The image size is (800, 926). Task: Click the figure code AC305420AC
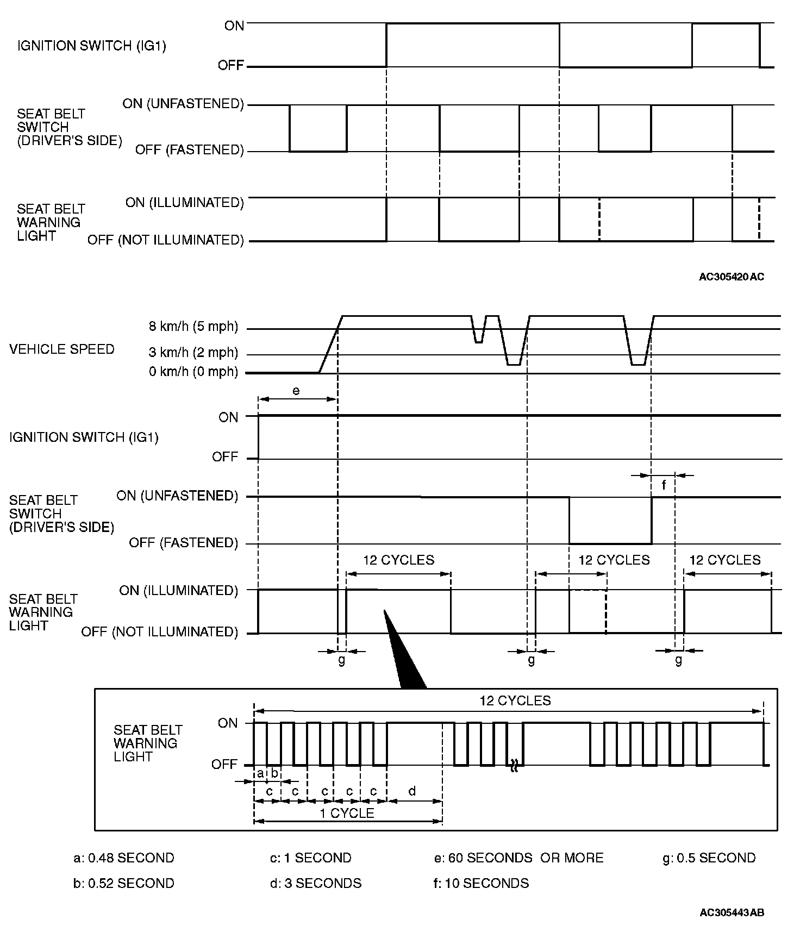[x=731, y=277]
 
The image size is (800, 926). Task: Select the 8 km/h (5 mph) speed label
[x=193, y=327]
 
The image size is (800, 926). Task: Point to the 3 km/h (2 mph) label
[x=193, y=353]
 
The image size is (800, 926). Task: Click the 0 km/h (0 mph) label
[x=193, y=372]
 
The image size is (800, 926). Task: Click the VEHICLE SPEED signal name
[x=62, y=349]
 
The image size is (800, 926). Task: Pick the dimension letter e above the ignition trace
[x=296, y=391]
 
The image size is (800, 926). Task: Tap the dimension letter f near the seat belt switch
[x=664, y=485]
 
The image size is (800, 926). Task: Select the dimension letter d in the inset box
[x=412, y=791]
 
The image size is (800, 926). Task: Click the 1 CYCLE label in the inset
[x=347, y=813]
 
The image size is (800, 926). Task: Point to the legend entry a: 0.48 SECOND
[x=124, y=858]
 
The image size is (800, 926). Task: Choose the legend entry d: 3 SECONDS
[x=316, y=883]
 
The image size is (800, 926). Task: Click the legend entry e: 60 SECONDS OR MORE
[x=519, y=858]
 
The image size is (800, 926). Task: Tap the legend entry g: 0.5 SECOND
[x=709, y=858]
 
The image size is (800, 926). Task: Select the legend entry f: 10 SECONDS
[x=482, y=883]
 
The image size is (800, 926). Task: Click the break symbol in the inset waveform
[x=514, y=767]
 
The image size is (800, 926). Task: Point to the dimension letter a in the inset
[x=260, y=773]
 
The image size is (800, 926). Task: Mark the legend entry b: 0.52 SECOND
[x=124, y=883]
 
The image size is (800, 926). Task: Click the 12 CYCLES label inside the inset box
[x=515, y=701]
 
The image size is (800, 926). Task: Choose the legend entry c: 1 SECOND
[x=311, y=858]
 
